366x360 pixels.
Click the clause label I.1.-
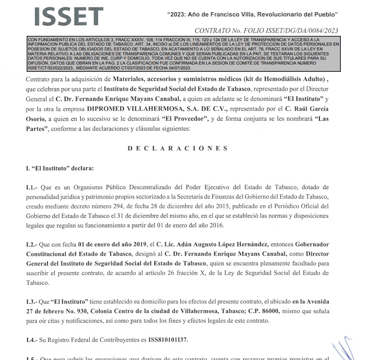[x=32, y=187]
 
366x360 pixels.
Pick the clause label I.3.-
[x=32, y=302]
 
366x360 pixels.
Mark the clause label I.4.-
[x=32, y=340]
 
